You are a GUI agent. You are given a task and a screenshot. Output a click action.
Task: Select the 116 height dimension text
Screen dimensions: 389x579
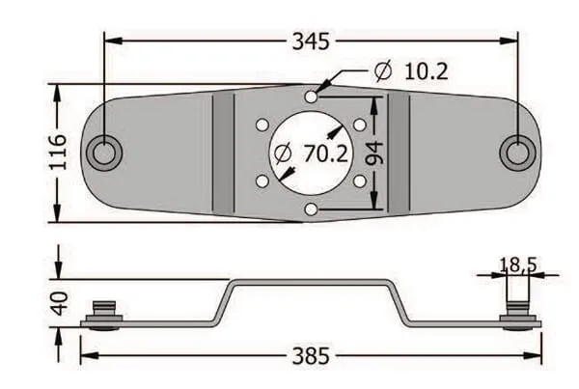point(58,153)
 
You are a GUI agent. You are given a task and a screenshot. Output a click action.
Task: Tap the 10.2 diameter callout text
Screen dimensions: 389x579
point(426,70)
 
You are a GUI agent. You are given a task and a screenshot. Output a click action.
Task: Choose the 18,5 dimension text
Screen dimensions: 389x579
point(517,264)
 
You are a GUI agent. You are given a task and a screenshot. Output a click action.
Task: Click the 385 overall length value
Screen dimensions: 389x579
point(310,356)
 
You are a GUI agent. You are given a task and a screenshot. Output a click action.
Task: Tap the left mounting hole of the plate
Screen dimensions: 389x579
point(102,153)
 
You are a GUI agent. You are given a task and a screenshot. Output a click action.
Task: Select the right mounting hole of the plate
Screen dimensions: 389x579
point(516,153)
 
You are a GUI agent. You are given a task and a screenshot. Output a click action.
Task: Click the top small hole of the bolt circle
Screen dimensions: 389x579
point(310,97)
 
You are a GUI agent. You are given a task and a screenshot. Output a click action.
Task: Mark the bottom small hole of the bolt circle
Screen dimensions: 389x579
point(310,208)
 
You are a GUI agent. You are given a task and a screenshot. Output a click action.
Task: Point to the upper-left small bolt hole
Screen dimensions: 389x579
point(262,125)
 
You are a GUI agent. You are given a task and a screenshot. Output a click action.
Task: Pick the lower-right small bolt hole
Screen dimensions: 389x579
point(359,181)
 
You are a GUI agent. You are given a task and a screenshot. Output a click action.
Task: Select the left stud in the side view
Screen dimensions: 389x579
point(102,313)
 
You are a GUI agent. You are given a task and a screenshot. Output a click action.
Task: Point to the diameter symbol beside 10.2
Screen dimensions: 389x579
point(382,71)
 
